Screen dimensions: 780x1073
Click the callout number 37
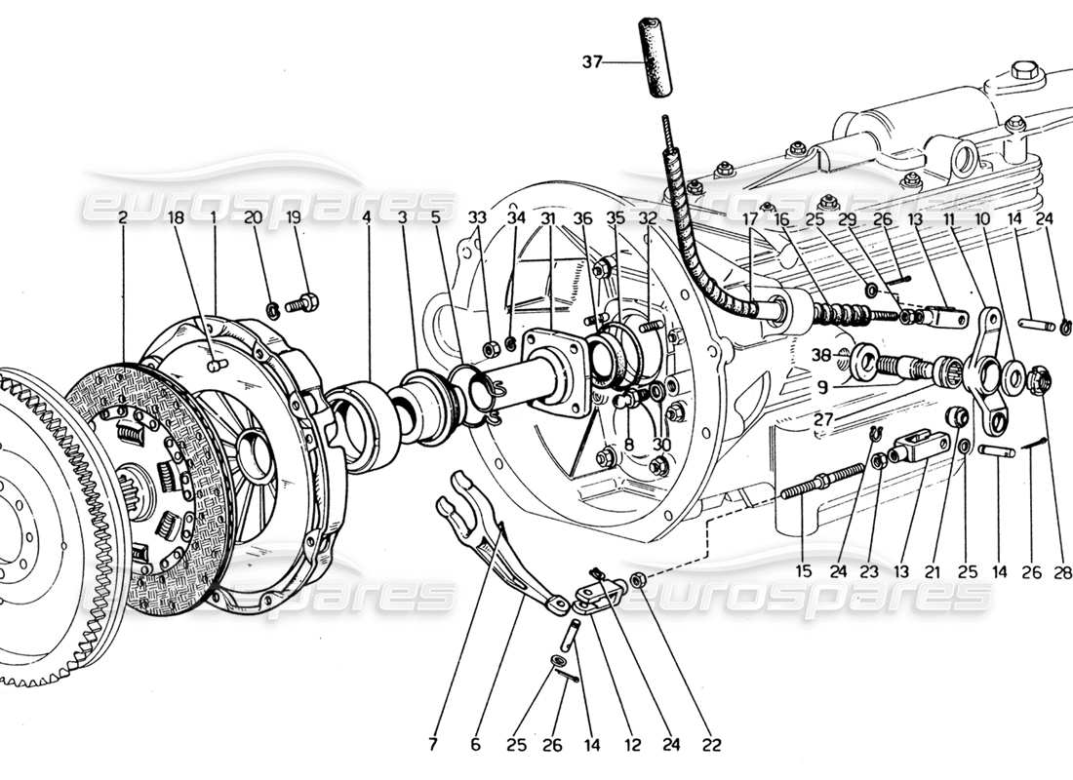pos(591,63)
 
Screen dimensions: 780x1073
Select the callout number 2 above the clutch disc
pos(122,220)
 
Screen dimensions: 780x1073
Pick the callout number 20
pos(253,220)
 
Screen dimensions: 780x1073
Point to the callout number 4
pos(367,220)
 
